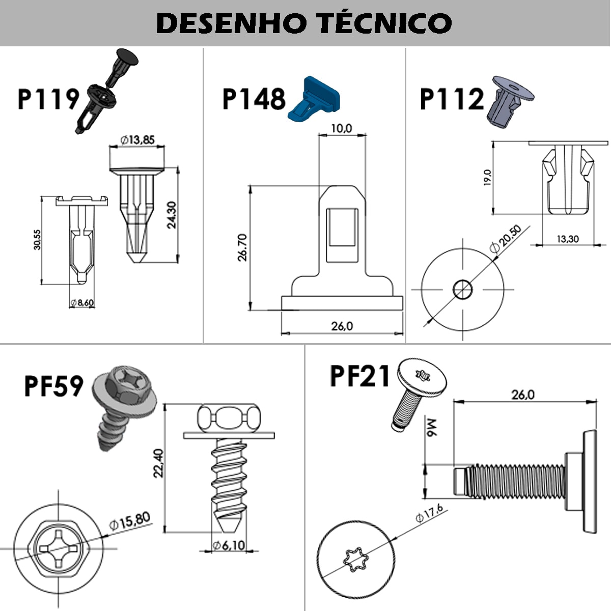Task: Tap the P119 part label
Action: click(x=48, y=99)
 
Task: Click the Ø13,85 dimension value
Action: click(x=137, y=140)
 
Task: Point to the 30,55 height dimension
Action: click(x=37, y=239)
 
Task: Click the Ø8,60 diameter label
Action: click(x=82, y=303)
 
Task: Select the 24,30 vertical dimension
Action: click(x=172, y=215)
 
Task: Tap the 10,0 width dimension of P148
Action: click(x=341, y=129)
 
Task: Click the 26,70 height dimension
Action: click(x=242, y=247)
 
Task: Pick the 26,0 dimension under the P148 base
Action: click(x=342, y=326)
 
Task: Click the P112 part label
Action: click(x=451, y=99)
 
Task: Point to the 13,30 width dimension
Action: click(x=567, y=239)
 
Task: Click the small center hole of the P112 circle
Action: click(x=462, y=289)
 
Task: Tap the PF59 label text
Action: click(x=53, y=386)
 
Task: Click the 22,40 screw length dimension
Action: click(x=158, y=463)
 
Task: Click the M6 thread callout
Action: click(x=431, y=428)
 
